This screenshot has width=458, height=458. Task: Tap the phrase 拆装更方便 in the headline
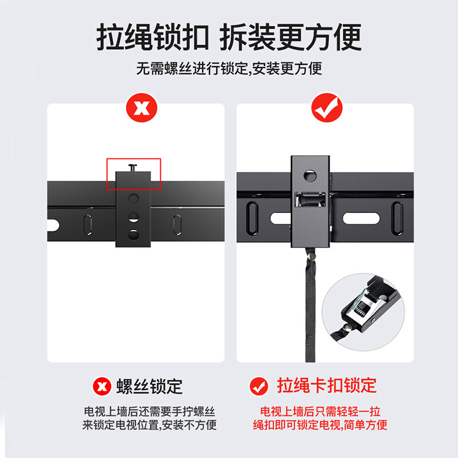pos(291,37)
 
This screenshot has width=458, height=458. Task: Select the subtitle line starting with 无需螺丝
pos(228,69)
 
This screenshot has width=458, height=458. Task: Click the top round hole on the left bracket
pos(134,199)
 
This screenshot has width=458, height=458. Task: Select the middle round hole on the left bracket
pos(134,217)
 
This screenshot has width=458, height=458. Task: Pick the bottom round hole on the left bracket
pos(134,234)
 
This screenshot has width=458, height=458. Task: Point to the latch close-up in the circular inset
pos(363,306)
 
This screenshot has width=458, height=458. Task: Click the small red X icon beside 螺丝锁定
pos(102,386)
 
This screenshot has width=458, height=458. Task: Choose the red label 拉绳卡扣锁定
pos(327,385)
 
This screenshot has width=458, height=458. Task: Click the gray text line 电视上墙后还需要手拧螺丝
pos(150,412)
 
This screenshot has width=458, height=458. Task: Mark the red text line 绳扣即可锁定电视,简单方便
pos(320,425)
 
